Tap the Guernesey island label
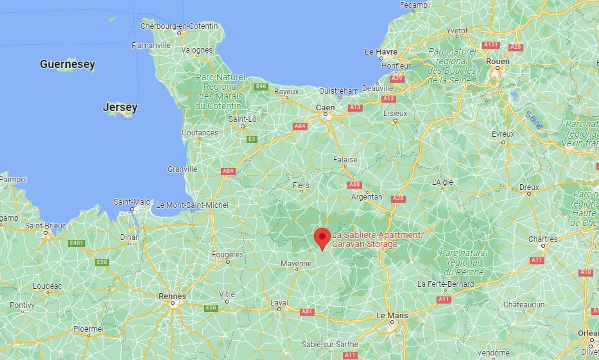67,64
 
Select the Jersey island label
120,107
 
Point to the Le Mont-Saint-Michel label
192,205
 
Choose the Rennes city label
172,296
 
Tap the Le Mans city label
391,316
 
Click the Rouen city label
498,62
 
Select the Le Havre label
381,51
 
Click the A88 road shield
354,185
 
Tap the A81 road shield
307,312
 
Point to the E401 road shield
77,243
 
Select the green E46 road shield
261,87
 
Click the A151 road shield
490,44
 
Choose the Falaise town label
345,159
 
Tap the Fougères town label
228,254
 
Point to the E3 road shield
252,139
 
